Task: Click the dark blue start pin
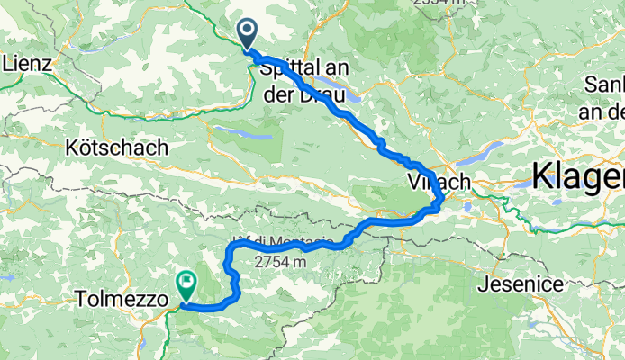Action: coord(248,34)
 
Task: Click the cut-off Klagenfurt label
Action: coord(577,175)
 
